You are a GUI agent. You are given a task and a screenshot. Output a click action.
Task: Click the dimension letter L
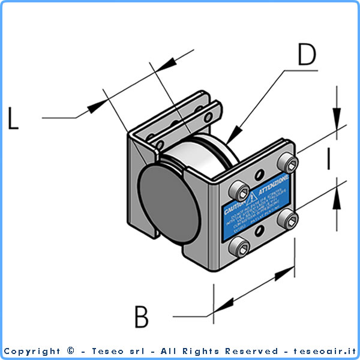tap(13, 118)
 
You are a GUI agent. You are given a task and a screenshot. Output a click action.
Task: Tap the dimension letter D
tap(306, 55)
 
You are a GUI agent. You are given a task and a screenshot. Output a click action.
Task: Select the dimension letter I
tap(328, 159)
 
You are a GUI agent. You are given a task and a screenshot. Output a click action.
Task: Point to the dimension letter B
tap(141, 317)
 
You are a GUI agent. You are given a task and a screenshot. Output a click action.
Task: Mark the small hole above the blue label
tap(259, 176)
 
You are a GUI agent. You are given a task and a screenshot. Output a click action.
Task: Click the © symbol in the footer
tap(71, 351)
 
